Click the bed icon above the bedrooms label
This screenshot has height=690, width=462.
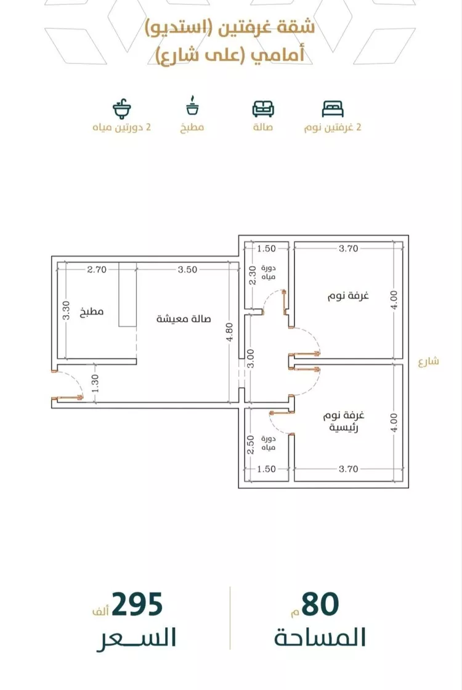tap(333, 109)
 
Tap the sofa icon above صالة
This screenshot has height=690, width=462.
tap(263, 109)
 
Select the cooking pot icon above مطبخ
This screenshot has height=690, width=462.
tap(192, 105)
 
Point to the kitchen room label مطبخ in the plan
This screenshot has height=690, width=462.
tap(92, 312)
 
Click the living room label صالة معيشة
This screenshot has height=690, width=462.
tap(184, 319)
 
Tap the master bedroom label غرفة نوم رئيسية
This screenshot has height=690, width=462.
tap(344, 422)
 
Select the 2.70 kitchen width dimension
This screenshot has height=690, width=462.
tap(97, 270)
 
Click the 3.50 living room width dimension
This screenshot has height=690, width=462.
tap(188, 270)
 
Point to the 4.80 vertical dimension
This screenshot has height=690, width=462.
tap(229, 332)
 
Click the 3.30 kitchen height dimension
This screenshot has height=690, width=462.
tap(67, 310)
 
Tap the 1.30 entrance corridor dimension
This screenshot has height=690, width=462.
tap(95, 383)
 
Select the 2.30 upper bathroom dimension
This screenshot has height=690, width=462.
tap(253, 275)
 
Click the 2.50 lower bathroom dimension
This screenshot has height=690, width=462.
tap(251, 444)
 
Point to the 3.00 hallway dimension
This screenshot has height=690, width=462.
tap(251, 359)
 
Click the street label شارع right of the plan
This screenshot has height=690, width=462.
tap(429, 361)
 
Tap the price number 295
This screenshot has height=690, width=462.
tap(137, 604)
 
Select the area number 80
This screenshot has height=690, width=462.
tap(320, 604)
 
